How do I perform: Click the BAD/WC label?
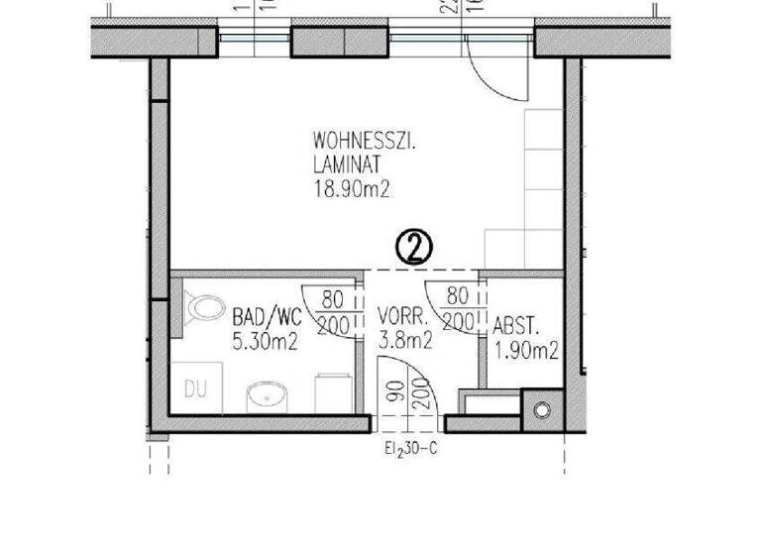265,318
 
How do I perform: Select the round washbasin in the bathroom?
267,397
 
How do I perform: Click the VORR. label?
402,318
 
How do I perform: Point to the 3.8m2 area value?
404,341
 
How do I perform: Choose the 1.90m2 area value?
525,350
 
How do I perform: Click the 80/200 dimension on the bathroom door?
332,309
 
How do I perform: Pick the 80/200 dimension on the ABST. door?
457,309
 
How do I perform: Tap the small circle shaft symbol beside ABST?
540,410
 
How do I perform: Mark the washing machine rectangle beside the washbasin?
328,393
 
